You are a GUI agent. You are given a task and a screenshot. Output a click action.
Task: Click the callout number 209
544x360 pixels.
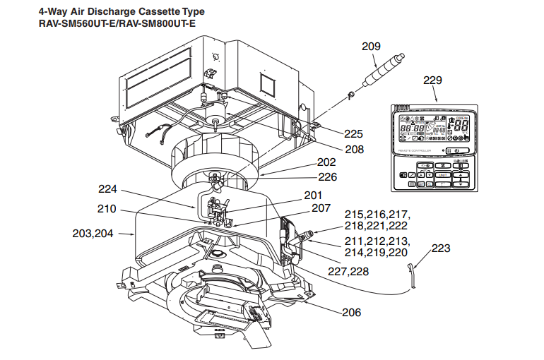(x=371, y=47)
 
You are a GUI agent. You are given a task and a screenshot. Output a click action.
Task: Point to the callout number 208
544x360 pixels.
(x=354, y=150)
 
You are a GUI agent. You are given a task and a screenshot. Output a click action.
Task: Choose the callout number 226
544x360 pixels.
(x=327, y=177)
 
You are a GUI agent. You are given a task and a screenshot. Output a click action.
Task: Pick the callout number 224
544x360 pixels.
(x=108, y=188)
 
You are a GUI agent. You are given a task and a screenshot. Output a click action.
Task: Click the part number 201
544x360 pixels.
(x=313, y=196)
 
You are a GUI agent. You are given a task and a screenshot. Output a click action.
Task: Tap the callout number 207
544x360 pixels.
(x=321, y=208)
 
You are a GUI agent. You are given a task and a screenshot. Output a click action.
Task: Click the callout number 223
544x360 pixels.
(x=439, y=248)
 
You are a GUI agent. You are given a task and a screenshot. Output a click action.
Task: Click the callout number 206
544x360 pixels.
(x=350, y=312)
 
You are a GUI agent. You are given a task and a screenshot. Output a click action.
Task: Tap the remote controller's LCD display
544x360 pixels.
(x=433, y=131)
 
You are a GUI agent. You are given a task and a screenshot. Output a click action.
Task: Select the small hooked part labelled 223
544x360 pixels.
(x=413, y=272)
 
